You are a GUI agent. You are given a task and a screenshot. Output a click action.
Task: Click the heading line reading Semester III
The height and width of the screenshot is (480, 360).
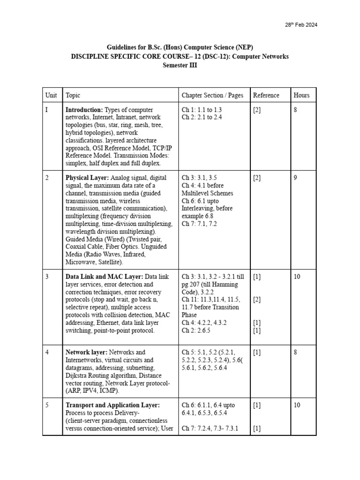click(180, 66)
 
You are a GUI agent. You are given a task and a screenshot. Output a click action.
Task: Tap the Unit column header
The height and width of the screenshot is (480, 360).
click(51, 95)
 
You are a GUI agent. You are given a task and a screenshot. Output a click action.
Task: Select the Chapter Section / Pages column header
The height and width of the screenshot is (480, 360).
click(212, 95)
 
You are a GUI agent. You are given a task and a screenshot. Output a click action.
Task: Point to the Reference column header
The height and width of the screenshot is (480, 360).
click(266, 95)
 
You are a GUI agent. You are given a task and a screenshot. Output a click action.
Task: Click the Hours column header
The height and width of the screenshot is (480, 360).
click(301, 95)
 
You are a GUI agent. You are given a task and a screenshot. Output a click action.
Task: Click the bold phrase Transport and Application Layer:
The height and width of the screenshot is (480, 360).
click(112, 405)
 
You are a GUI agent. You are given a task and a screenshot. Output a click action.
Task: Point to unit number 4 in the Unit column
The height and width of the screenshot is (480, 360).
click(47, 352)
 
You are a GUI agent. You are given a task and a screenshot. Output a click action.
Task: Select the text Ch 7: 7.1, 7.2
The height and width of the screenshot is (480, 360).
click(199, 224)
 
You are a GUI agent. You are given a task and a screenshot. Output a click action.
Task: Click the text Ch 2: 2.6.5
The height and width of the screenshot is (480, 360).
click(196, 330)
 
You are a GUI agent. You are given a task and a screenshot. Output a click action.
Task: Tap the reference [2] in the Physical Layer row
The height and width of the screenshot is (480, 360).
click(257, 178)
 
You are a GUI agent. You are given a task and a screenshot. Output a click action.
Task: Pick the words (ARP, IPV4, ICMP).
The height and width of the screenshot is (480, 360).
click(92, 390)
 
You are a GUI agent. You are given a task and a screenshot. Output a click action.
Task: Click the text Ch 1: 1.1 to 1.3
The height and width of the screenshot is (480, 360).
click(202, 110)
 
